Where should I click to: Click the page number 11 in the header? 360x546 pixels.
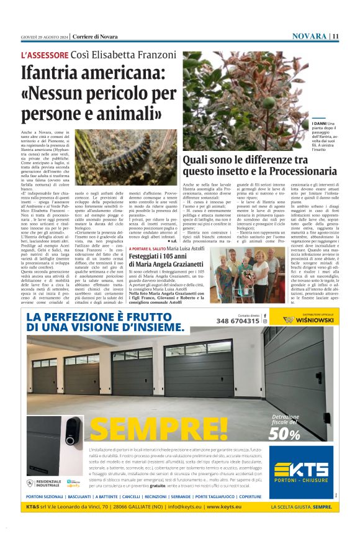click(x=335, y=36)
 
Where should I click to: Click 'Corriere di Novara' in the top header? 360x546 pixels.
click(x=94, y=36)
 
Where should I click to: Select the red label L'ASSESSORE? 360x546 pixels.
click(x=44, y=55)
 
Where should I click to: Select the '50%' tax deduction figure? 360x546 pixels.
click(x=284, y=434)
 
